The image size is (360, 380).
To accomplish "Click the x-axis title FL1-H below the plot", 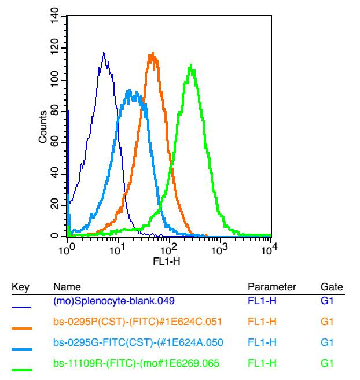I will click(169, 261).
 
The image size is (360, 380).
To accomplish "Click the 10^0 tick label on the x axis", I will click(68, 249).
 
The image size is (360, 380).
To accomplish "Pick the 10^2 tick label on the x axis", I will click(169, 249).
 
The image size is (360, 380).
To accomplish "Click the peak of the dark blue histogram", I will click(104, 53).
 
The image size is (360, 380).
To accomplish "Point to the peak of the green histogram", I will click(190, 65).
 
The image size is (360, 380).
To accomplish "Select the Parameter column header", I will click(272, 287).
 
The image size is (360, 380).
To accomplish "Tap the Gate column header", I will click(332, 287).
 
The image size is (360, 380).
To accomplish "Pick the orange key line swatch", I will click(23, 329).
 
